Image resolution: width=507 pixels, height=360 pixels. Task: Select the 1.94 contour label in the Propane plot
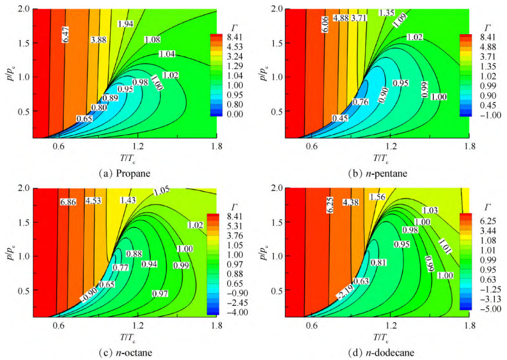(x=125, y=23)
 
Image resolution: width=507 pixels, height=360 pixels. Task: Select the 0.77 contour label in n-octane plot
(x=120, y=267)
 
